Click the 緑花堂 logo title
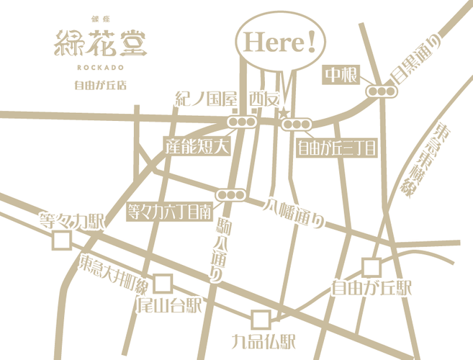pyautogui.click(x=100, y=45)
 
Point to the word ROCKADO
pyautogui.click(x=100, y=70)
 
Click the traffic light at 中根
pyautogui.click(x=382, y=91)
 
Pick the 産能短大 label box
pyautogui.click(x=196, y=147)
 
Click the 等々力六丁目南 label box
pyautogui.click(x=168, y=212)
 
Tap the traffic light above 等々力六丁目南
pyautogui.click(x=232, y=194)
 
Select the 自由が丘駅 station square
pyautogui.click(x=371, y=267)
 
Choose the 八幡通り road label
pyautogui.click(x=294, y=212)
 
